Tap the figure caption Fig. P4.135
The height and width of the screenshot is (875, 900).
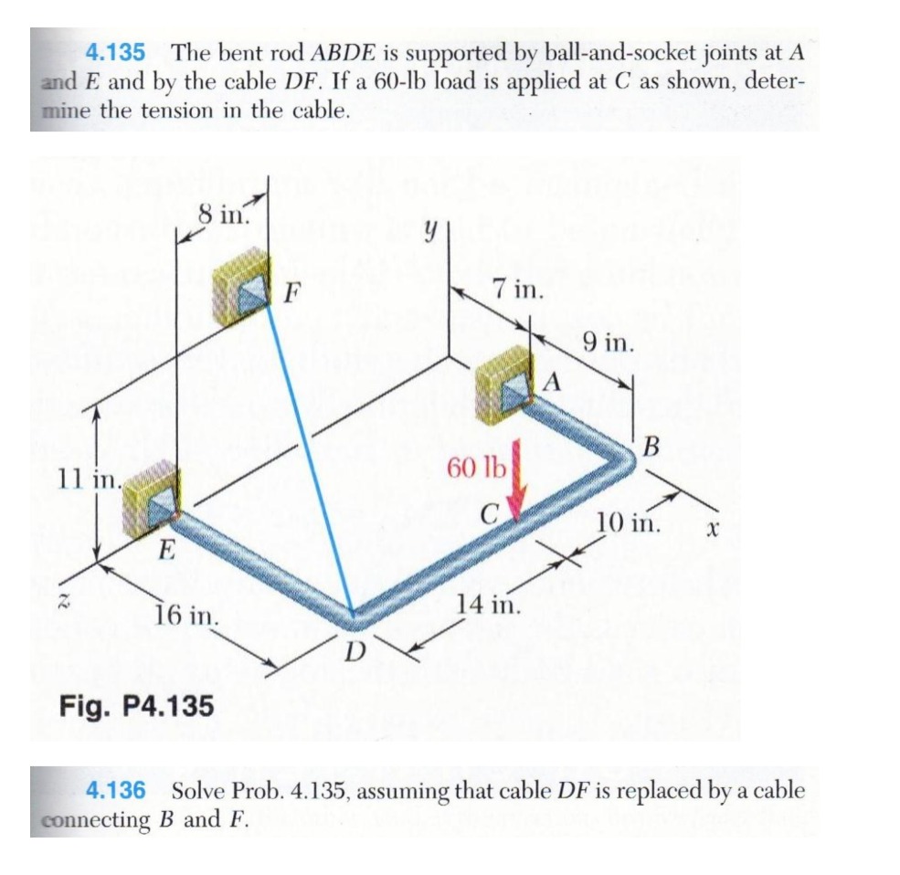pyautogui.click(x=136, y=706)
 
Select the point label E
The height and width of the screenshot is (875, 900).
pyautogui.click(x=164, y=550)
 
